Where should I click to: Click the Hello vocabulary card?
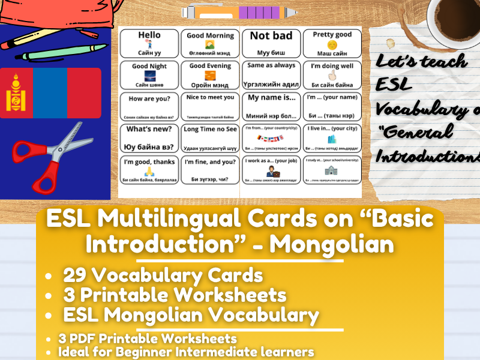pos(149,43)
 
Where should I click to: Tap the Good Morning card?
pos(209,43)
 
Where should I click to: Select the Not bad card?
pos(271,43)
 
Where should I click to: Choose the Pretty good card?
pos(332,43)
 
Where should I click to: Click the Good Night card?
pos(149,74)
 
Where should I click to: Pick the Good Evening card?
pos(209,74)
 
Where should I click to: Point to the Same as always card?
pos(271,74)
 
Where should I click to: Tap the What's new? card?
pos(149,137)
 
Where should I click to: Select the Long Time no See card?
pos(209,137)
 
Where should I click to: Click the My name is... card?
pos(271,106)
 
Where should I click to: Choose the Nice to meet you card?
pos(209,106)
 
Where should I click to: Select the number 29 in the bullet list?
pos(76,275)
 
